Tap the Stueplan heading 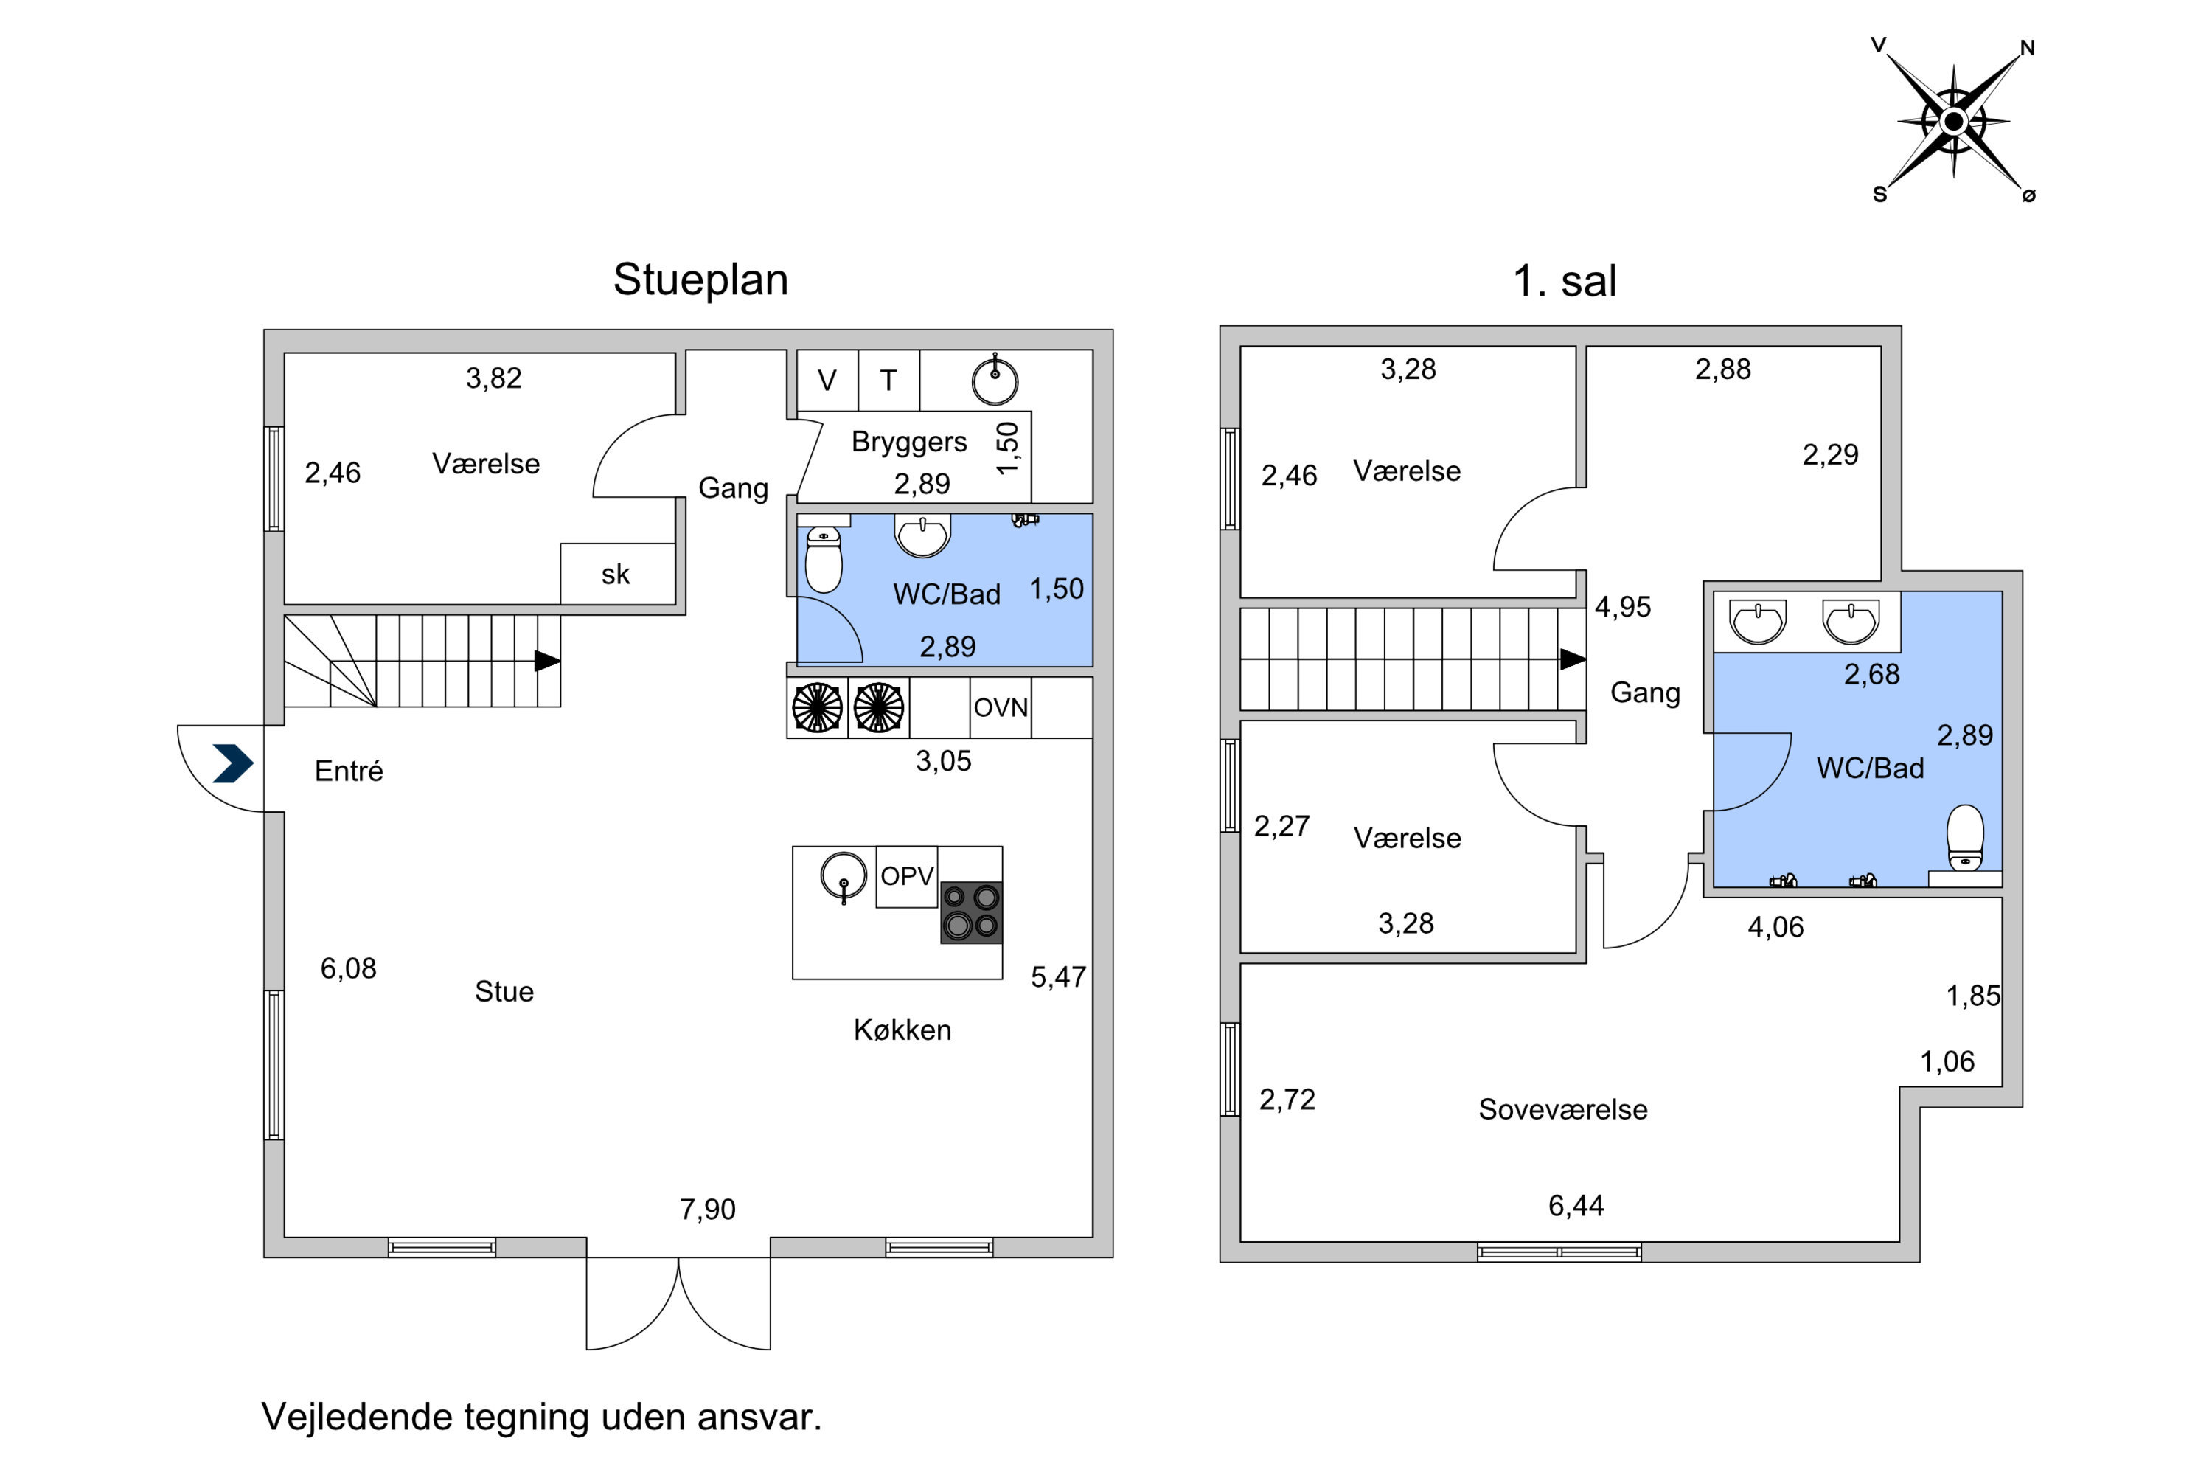[x=700, y=280]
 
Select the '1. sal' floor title [x=1565, y=280]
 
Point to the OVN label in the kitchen [x=1001, y=707]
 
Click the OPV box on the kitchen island [x=907, y=877]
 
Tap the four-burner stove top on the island [x=972, y=912]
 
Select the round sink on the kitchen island [x=844, y=877]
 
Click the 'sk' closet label [x=615, y=574]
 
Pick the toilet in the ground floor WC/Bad [x=823, y=559]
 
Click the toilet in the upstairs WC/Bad [x=1965, y=837]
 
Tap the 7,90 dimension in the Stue [x=707, y=1209]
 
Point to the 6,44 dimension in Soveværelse [x=1576, y=1205]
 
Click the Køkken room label [x=902, y=1030]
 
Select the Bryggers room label [x=908, y=441]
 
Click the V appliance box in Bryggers [x=827, y=380]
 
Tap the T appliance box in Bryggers [x=888, y=380]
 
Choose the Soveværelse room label [x=1563, y=1109]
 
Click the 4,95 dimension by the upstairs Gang [x=1622, y=607]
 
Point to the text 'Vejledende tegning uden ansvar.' [x=542, y=1417]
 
